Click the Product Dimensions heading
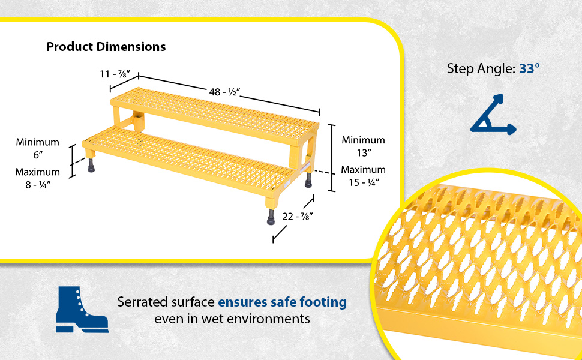tap(106, 47)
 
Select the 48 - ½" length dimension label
tap(224, 92)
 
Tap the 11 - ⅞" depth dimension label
tap(117, 74)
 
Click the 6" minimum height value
tap(37, 155)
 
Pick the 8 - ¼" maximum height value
tap(37, 185)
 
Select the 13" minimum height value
tap(363, 152)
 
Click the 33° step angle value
tap(530, 68)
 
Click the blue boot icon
tap(81, 310)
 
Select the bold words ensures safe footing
tap(282, 302)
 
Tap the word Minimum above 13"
tap(363, 140)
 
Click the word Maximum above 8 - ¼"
tap(37, 172)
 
